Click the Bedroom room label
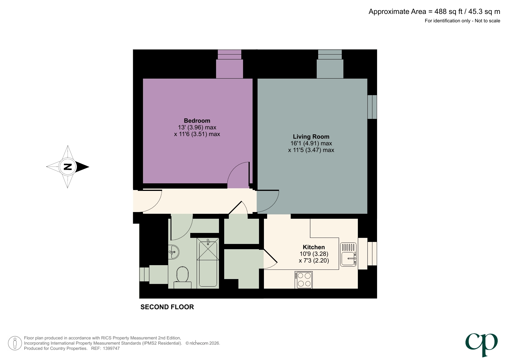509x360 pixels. pyautogui.click(x=197, y=121)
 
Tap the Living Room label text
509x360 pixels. pyautogui.click(x=311, y=137)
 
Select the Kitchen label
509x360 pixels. pyautogui.click(x=314, y=247)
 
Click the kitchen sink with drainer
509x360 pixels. pyautogui.click(x=348, y=255)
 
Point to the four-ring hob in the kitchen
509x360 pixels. pyautogui.click(x=304, y=280)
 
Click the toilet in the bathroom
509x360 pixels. pyautogui.click(x=182, y=277)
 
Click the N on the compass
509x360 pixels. pyautogui.click(x=68, y=167)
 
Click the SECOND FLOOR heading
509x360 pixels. pyautogui.click(x=167, y=307)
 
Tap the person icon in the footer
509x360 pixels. pyautogui.click(x=15, y=343)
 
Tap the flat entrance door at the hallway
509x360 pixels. pyautogui.click(x=151, y=201)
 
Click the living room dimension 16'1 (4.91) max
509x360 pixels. pyautogui.click(x=311, y=143)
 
